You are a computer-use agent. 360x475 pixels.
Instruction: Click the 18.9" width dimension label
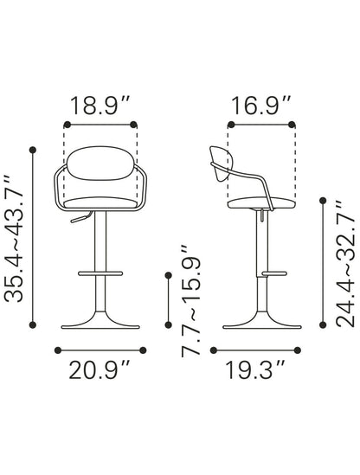click(x=100, y=106)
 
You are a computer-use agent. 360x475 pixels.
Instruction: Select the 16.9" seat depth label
click(x=261, y=106)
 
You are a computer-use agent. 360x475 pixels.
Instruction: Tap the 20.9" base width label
click(x=100, y=370)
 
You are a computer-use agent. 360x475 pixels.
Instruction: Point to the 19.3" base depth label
click(x=255, y=370)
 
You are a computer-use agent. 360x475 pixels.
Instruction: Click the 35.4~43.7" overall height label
click(x=14, y=239)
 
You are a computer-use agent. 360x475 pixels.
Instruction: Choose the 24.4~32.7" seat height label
click(x=345, y=264)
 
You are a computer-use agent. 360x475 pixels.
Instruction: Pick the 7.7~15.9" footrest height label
click(x=191, y=301)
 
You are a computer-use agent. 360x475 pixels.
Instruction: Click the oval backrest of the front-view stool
click(x=100, y=164)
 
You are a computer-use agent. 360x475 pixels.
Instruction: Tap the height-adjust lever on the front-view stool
click(x=80, y=217)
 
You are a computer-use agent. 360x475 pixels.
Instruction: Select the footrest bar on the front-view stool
click(x=100, y=273)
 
